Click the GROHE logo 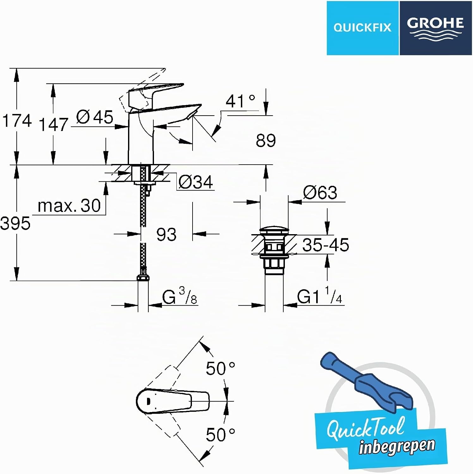[x=436, y=28]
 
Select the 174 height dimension [x=17, y=120]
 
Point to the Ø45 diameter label [x=95, y=117]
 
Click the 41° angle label [x=240, y=101]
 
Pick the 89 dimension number [x=266, y=140]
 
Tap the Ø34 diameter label [x=196, y=182]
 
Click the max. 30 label [x=69, y=206]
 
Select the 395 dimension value [x=15, y=223]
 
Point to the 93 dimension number [x=166, y=234]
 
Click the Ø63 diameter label [x=320, y=192]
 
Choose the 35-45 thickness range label [x=326, y=245]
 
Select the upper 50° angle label [x=221, y=368]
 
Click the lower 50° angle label [x=221, y=435]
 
